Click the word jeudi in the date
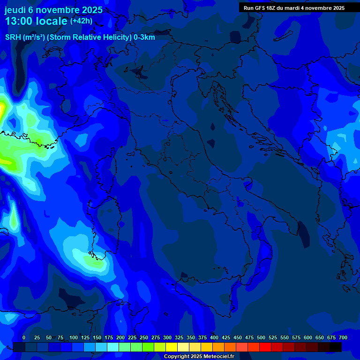15,10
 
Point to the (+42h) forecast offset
81,21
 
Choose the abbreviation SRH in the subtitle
13,37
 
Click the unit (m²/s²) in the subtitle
34,37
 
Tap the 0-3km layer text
144,37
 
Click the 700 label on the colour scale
343,337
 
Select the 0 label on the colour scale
24,337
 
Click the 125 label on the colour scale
85,337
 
